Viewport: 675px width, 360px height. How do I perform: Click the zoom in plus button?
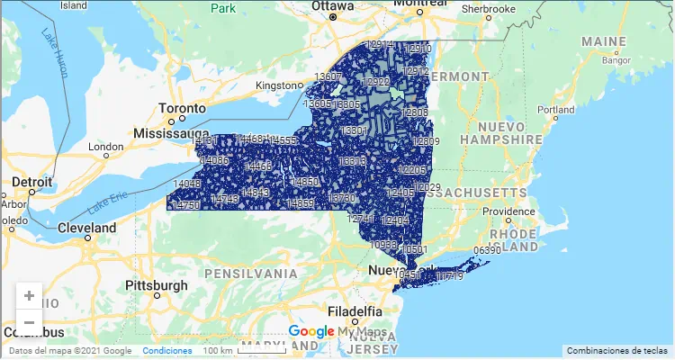(29, 295)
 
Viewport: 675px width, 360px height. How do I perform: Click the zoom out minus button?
(29, 322)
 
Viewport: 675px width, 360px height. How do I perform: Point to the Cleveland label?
(87, 229)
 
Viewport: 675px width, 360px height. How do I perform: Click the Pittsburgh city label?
(157, 285)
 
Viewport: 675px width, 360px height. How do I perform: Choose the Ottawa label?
(334, 5)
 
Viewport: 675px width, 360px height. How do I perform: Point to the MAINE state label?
(604, 42)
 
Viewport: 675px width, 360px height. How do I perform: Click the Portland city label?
(555, 109)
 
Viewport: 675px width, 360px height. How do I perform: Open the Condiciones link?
(166, 351)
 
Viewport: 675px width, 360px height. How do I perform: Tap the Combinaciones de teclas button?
(617, 350)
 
